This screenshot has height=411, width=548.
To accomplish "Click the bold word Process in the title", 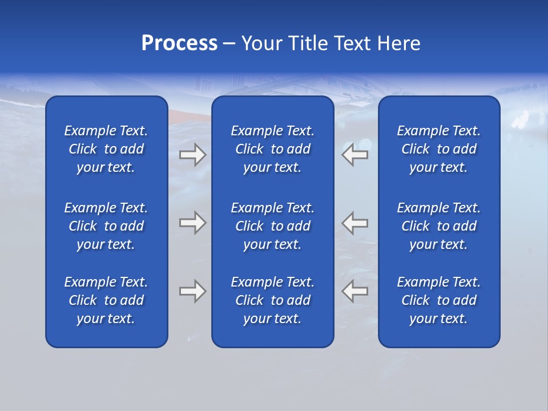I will point(179,43).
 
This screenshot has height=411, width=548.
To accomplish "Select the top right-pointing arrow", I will point(192,155).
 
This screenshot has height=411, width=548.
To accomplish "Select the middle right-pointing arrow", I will point(192,223).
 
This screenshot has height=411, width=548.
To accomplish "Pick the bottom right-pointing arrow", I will point(192,291).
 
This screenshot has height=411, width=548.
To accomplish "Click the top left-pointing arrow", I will point(355,155).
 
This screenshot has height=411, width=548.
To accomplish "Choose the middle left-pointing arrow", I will point(355,223).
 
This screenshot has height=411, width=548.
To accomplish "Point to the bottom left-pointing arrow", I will point(355,291).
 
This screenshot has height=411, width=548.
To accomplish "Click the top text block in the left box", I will point(106,149).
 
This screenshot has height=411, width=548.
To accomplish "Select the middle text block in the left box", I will point(106,226).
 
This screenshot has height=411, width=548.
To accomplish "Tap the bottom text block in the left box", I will point(106,300).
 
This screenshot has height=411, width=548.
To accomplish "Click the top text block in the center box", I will point(272,149).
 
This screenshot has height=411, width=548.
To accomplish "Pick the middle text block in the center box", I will point(272,226).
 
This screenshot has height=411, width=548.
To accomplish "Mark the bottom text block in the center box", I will point(272,300).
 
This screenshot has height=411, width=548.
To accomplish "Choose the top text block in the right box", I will point(439,149).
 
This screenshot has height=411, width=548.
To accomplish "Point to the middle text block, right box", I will point(439,226).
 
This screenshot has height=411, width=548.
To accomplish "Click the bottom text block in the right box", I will point(439,300).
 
